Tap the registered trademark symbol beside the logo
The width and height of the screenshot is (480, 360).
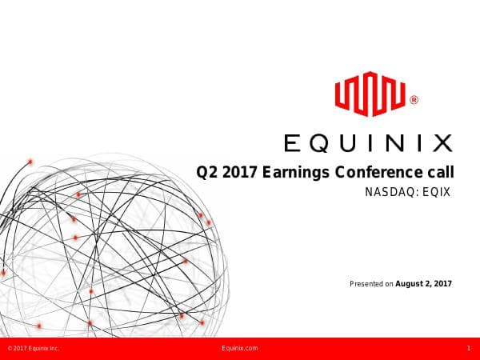tap(414, 101)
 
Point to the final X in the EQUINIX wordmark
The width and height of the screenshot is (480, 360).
tap(441, 144)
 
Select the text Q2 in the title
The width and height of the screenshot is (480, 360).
tap(207, 172)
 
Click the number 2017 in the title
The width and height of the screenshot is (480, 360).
tap(241, 172)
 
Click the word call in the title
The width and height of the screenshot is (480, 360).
tap(440, 172)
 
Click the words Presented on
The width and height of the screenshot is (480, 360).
tap(372, 283)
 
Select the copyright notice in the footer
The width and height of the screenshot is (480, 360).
tap(33, 349)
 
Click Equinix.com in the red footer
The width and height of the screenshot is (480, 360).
tap(239, 349)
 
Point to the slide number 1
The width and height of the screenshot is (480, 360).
tap(468, 349)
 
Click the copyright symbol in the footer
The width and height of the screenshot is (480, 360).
tap(9, 349)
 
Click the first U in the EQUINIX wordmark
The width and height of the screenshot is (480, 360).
tap(346, 144)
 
